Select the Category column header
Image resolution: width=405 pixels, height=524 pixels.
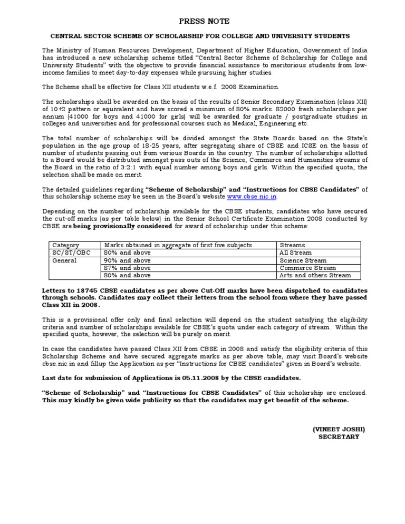[x=65, y=245]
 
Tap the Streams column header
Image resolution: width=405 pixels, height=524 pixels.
[x=292, y=245]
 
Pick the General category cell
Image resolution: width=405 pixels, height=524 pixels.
[x=65, y=260]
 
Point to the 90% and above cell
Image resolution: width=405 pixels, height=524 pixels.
[x=128, y=260]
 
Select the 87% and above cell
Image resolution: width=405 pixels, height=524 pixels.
[x=128, y=268]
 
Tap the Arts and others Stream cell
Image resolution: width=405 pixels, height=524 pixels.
[x=315, y=275]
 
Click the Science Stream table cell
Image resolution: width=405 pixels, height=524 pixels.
[x=303, y=260]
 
